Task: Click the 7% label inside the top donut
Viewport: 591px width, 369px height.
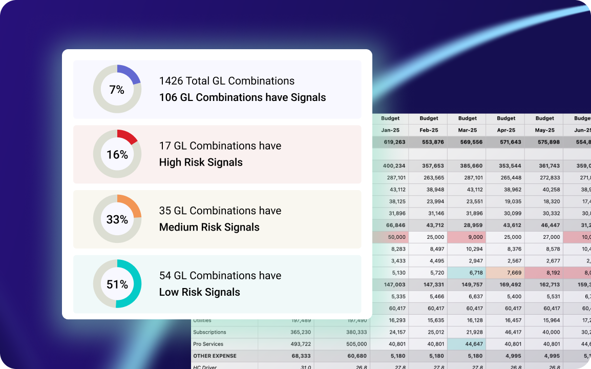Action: pos(117,90)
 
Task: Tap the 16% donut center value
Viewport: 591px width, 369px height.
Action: pos(117,154)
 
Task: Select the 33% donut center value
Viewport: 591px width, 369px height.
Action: pos(117,219)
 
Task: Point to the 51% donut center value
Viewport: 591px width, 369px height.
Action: pos(117,284)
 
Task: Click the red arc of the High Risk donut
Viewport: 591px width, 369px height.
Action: pos(128,135)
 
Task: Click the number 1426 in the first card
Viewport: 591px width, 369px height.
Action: pos(171,81)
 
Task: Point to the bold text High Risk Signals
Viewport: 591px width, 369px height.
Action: pos(201,162)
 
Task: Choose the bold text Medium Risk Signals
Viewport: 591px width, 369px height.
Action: pos(209,227)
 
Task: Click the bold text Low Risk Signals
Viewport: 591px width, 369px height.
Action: pos(199,292)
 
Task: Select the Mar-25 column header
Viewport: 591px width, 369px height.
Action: pos(467,130)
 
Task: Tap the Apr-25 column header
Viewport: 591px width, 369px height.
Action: pos(506,130)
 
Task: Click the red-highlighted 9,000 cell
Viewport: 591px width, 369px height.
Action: pos(467,237)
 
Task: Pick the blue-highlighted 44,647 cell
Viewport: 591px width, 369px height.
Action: pos(467,344)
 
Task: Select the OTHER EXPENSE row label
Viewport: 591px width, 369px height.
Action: pos(215,356)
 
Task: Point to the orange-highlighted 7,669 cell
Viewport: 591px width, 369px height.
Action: pos(506,273)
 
